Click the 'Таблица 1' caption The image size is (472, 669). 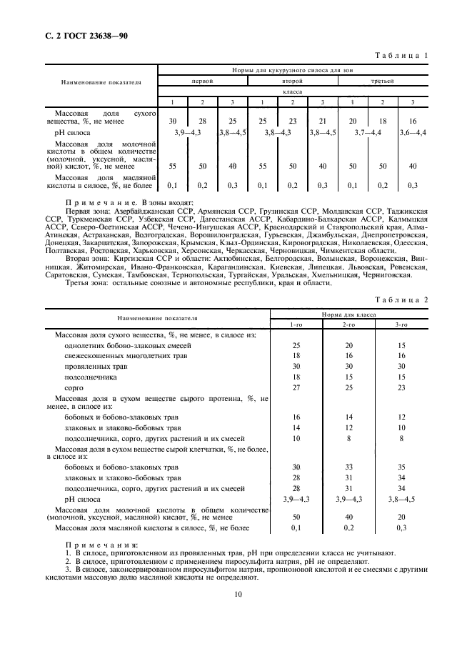[401, 56]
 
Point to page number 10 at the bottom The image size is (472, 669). [236, 593]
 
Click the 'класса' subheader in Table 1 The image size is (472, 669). [293, 91]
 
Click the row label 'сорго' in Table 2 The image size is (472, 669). [74, 387]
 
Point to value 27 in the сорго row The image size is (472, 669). [296, 387]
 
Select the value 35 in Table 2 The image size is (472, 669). [401, 467]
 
